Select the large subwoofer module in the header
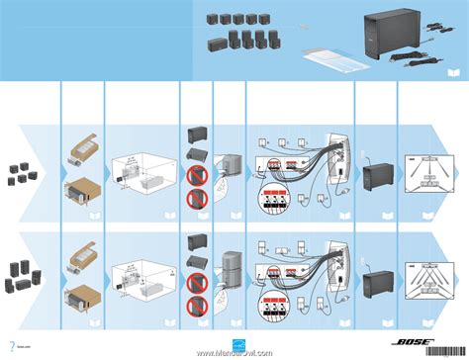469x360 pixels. click(x=391, y=38)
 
